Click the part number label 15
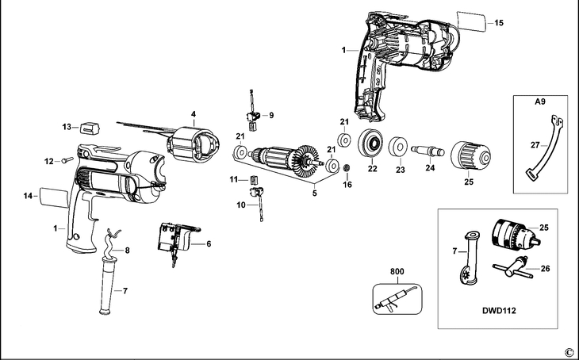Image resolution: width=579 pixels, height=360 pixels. click(x=499, y=24)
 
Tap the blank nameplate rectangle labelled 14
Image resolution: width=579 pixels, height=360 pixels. click(x=52, y=195)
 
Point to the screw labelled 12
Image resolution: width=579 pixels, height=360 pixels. click(x=65, y=162)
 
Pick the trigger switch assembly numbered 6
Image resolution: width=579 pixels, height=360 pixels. click(x=176, y=237)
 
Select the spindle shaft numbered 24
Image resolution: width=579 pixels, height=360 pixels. click(x=429, y=147)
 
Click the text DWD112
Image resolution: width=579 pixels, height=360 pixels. click(x=500, y=311)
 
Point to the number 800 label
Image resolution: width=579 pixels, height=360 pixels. click(x=397, y=272)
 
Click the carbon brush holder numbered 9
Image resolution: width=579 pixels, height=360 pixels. click(x=254, y=119)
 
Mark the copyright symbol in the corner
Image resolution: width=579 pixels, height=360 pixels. click(x=568, y=351)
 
